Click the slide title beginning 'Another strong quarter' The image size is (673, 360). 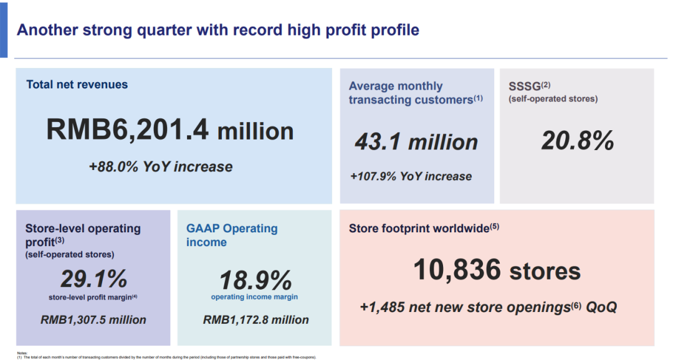pyautogui.click(x=218, y=30)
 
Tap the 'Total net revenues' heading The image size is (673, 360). pyautogui.click(x=77, y=84)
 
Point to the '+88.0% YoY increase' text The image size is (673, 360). pyautogui.click(x=161, y=166)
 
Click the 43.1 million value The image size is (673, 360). pyautogui.click(x=416, y=142)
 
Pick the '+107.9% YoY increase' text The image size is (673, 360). pyautogui.click(x=411, y=176)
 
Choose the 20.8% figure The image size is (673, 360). pyautogui.click(x=577, y=141)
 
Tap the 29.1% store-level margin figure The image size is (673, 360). pyautogui.click(x=93, y=278)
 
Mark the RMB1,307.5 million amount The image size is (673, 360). pyautogui.click(x=93, y=320)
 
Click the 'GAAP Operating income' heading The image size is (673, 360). pyautogui.click(x=232, y=235)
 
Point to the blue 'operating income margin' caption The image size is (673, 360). pyautogui.click(x=254, y=297)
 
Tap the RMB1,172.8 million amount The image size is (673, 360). pyautogui.click(x=255, y=320)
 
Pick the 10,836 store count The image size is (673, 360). pyautogui.click(x=457, y=270)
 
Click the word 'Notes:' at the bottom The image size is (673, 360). pyautogui.click(x=21, y=353)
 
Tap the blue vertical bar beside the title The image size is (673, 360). pyautogui.click(x=3, y=29)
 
